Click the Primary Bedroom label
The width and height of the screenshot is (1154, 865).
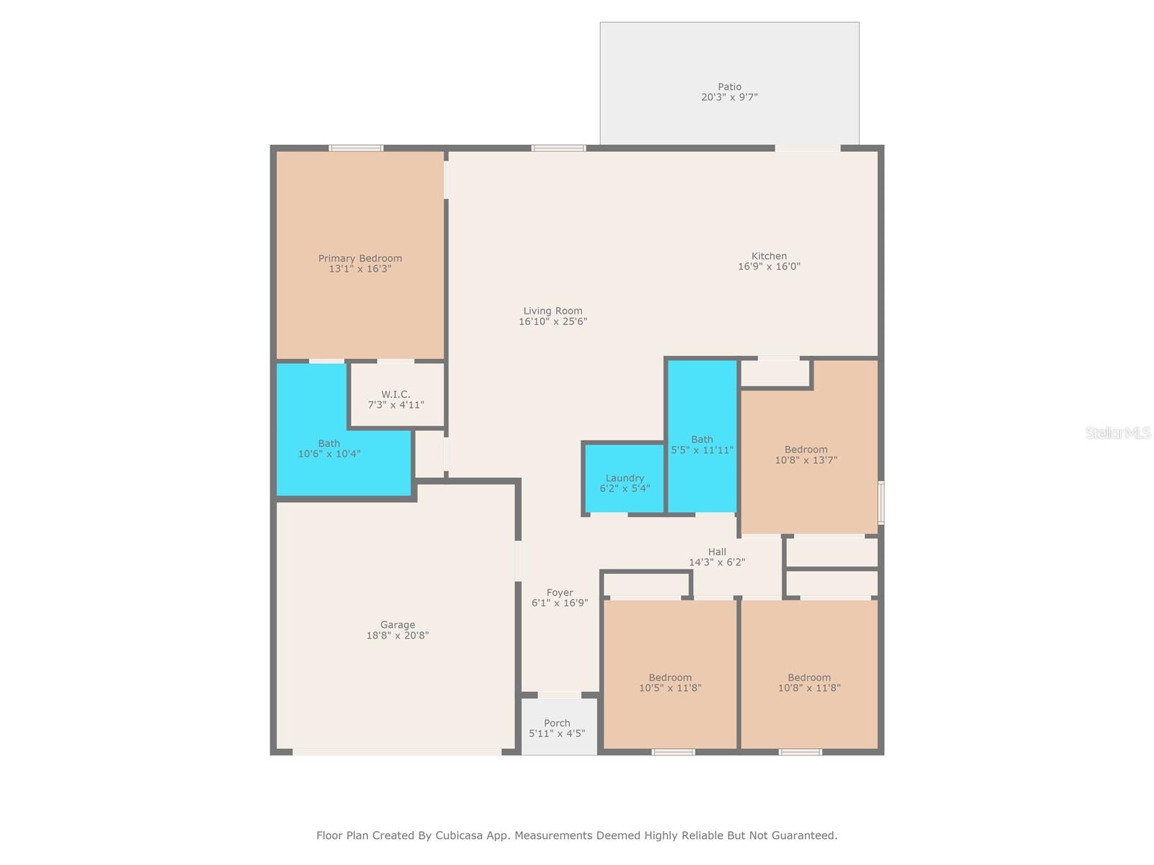click(x=360, y=258)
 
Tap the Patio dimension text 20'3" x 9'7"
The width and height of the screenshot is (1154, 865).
click(x=729, y=97)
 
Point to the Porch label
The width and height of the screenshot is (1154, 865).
click(x=557, y=723)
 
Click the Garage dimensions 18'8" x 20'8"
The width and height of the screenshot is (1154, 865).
click(x=397, y=636)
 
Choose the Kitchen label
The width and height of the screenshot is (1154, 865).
click(x=769, y=256)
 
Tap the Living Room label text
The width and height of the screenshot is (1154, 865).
click(x=552, y=311)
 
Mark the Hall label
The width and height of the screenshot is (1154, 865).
click(x=717, y=551)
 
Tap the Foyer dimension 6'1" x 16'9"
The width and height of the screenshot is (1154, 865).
click(x=560, y=603)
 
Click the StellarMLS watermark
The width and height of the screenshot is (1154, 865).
click(x=1117, y=432)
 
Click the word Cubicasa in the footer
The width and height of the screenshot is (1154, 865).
click(x=462, y=835)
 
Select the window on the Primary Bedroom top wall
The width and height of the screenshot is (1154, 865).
click(x=356, y=148)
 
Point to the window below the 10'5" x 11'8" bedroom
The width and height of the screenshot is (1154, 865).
click(x=673, y=752)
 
